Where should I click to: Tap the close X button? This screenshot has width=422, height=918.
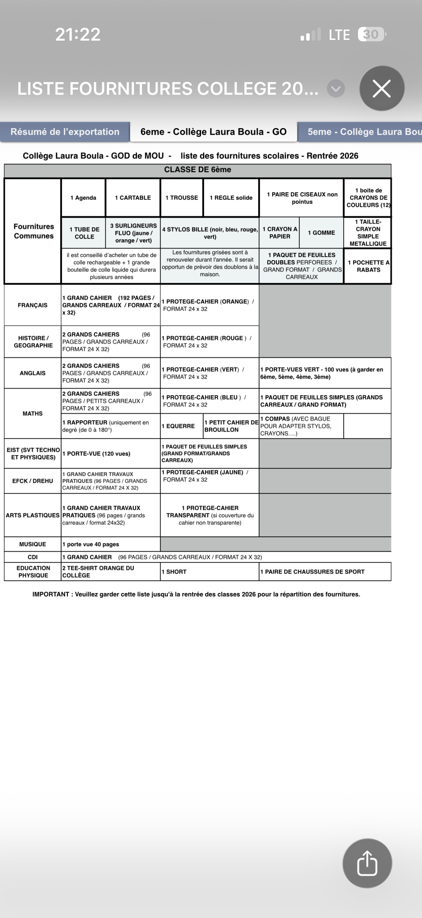tap(382, 88)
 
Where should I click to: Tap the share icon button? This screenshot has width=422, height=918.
tap(367, 863)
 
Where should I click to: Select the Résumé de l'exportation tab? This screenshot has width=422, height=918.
tap(65, 132)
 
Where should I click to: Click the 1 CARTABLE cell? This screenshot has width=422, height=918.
tap(133, 198)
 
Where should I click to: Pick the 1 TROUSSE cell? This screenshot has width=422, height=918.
tap(182, 198)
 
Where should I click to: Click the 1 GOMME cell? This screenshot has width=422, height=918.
tap(321, 233)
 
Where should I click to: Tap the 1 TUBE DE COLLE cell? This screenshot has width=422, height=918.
tap(84, 233)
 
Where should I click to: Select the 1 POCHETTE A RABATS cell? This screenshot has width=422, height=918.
tap(368, 266)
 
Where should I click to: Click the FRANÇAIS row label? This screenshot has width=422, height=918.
tap(33, 305)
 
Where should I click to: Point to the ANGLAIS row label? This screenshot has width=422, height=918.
tap(33, 373)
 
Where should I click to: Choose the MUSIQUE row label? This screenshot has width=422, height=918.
tap(33, 544)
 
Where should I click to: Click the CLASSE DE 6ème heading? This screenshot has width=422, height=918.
tap(198, 169)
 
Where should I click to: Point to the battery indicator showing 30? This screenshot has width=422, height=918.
tap(371, 35)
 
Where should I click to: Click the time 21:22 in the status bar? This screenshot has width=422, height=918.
tap(78, 35)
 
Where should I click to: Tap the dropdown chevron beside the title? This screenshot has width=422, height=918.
tap(336, 89)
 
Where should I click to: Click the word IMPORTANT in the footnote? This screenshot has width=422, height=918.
tap(51, 594)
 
